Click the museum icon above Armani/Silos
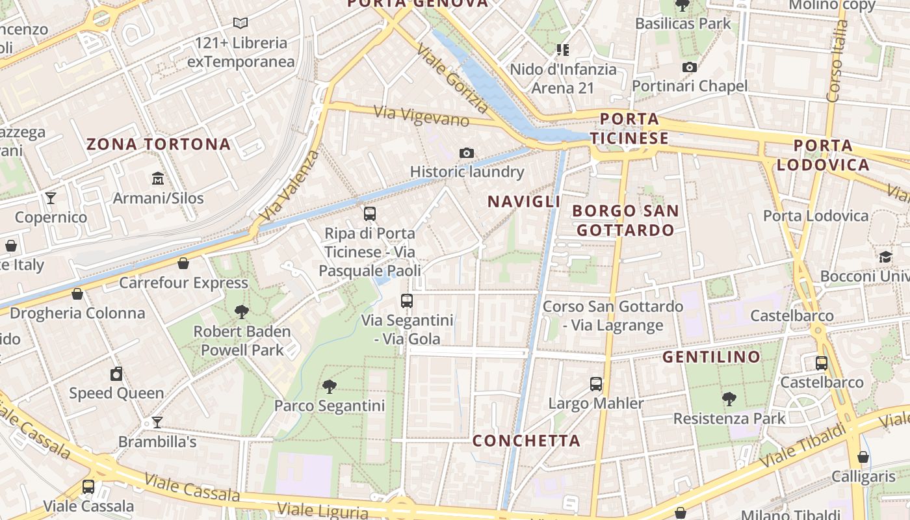[157, 178]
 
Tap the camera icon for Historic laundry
[466, 153]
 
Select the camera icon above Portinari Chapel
[690, 67]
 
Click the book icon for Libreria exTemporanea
[240, 23]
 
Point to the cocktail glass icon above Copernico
[51, 198]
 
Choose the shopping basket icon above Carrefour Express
[183, 263]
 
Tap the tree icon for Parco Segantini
[330, 387]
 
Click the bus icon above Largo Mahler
[596, 383]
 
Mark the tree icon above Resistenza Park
[729, 398]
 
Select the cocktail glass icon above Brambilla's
[157, 422]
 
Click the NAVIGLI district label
[524, 201]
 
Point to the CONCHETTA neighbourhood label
[526, 441]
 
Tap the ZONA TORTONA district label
[159, 144]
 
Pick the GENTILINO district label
[711, 357]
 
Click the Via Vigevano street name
[422, 116]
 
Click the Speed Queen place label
[116, 393]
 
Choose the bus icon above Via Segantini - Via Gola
[407, 301]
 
